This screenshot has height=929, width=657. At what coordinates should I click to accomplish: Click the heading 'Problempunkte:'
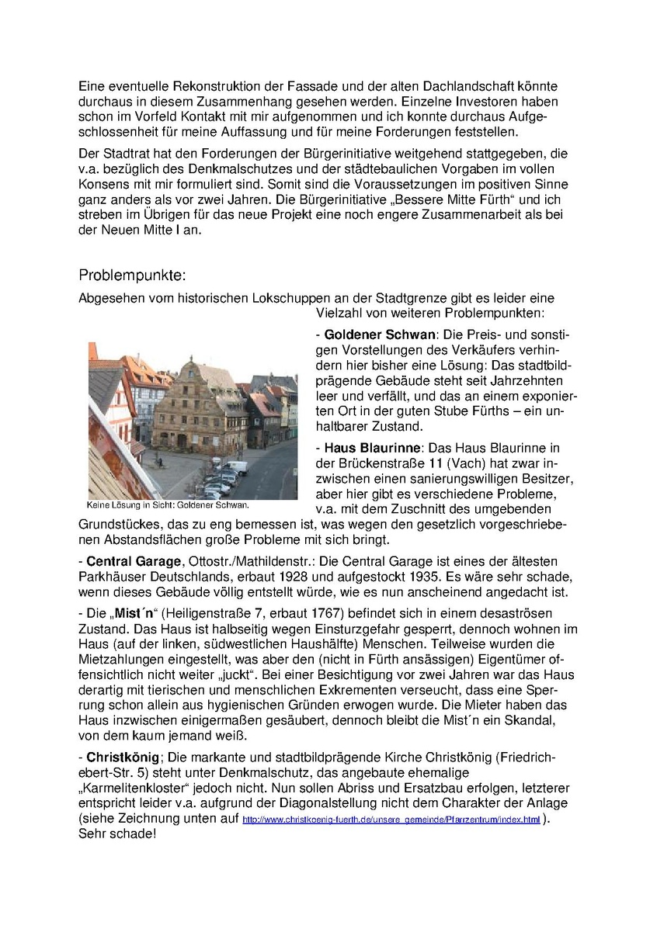pos(132,276)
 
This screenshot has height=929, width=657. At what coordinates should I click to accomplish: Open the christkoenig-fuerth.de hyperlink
pos(391,820)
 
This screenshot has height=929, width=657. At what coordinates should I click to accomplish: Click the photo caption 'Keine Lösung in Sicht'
pos(168,504)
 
